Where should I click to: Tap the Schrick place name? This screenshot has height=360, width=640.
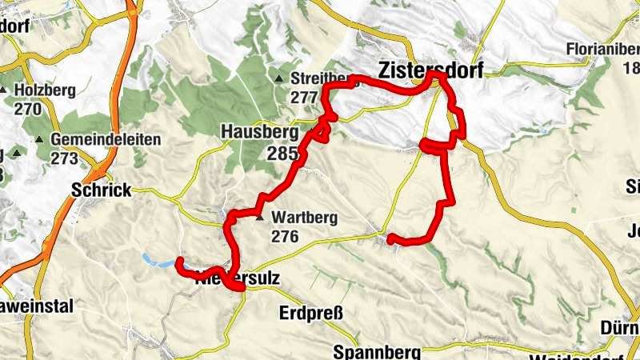coord(100,190)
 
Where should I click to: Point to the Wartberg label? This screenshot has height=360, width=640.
coord(304,217)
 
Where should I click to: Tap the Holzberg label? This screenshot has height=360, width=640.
coord(44,90)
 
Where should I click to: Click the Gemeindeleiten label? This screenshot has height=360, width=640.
coord(106,139)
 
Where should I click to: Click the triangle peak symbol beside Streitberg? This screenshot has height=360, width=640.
coord(278,79)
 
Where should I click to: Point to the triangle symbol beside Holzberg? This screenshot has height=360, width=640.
coord(5,90)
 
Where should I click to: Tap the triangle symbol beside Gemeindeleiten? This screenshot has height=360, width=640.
coord(39,140)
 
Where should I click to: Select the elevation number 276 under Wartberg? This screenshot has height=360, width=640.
coord(285,237)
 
